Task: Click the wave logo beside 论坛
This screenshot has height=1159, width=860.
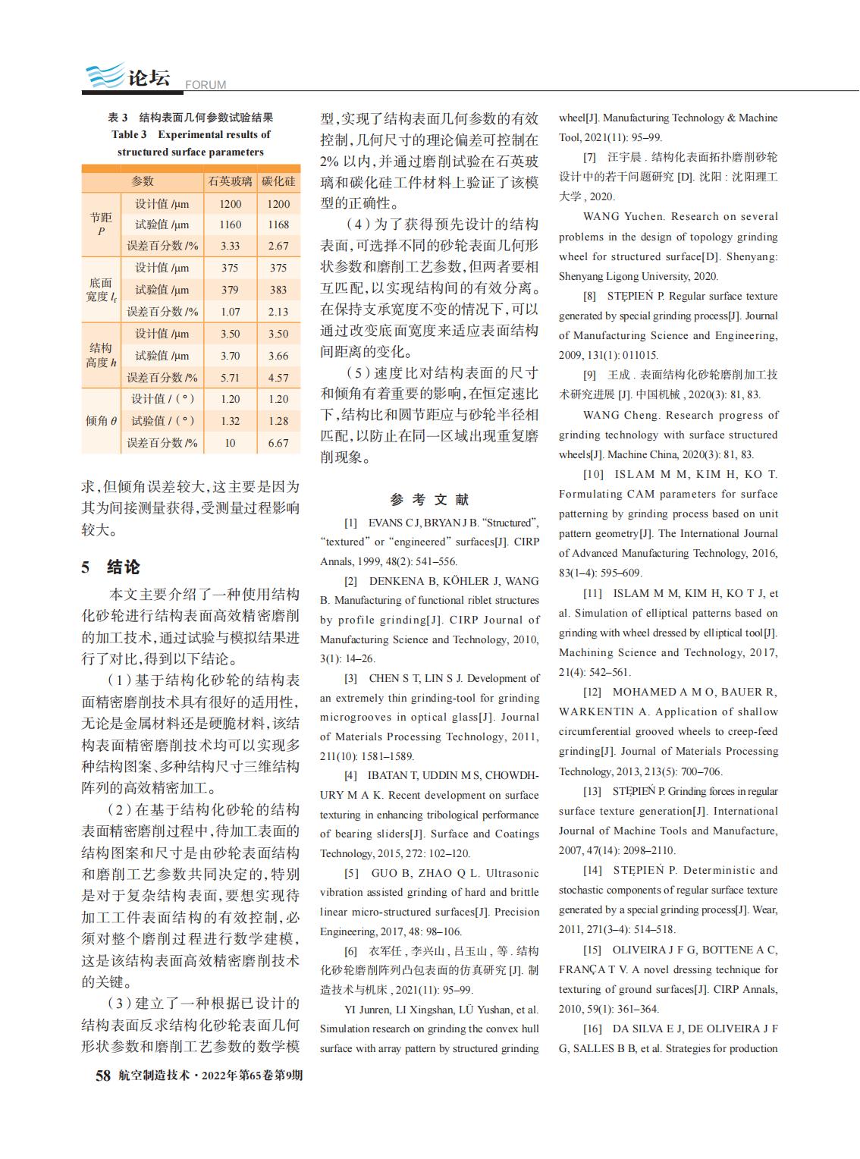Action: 103,77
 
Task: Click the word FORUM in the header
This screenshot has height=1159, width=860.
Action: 206,85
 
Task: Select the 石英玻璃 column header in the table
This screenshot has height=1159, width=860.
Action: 230,181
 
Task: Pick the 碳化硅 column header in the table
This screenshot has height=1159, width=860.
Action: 278,181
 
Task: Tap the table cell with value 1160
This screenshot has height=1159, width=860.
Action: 230,225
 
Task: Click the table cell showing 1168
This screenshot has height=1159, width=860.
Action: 278,225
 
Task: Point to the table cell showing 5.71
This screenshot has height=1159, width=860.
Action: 230,378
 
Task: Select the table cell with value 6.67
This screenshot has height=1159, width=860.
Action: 278,443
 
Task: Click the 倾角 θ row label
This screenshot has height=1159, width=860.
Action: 101,421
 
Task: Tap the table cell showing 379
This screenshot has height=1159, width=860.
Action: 230,290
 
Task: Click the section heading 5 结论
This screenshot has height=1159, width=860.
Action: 111,567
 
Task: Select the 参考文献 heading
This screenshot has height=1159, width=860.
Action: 429,499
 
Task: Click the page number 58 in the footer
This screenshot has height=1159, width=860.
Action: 102,1075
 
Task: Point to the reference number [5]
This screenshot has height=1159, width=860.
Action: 351,873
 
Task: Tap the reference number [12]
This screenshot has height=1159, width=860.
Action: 592,692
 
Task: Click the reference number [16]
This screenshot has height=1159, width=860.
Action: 592,1029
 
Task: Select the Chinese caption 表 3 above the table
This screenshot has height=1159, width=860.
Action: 118,118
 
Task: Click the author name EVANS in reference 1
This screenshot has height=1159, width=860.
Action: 384,523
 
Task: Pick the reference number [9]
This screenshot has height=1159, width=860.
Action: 589,375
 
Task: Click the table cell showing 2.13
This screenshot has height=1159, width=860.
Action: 278,312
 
